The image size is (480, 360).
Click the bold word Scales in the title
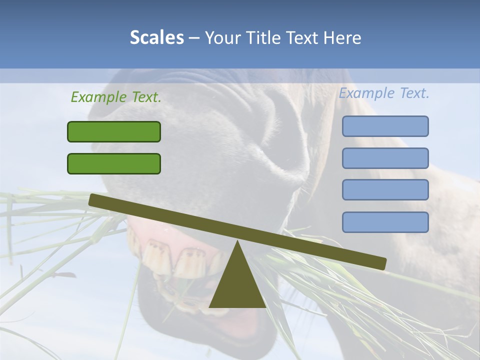(156, 38)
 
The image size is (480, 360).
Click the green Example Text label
(116, 97)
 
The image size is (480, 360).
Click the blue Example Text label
(384, 93)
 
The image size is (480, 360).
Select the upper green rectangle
(114, 131)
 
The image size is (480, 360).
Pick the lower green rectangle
(114, 163)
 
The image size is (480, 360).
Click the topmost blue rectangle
(385, 126)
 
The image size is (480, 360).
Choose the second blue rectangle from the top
(385, 158)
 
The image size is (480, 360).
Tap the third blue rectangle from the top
(385, 190)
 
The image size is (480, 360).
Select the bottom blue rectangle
(385, 222)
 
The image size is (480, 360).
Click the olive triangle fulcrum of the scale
(237, 285)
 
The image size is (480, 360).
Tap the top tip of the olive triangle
(237, 242)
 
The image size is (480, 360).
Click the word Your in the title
(221, 38)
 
